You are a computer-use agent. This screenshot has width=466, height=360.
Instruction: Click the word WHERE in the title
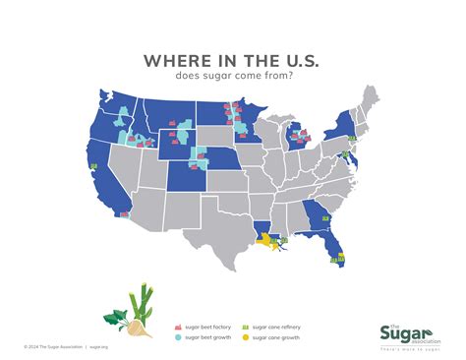click(172, 61)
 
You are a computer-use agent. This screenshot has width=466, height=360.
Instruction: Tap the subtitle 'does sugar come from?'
click(232, 77)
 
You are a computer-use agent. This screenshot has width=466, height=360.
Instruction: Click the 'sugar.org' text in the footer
click(99, 347)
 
